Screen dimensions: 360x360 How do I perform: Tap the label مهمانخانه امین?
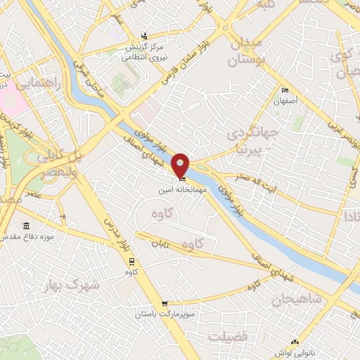[x=181, y=190]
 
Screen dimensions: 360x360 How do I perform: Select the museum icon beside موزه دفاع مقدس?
[x=27, y=226]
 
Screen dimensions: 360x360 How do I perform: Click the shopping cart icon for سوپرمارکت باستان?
[x=165, y=304]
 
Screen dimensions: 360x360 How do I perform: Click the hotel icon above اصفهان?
[x=285, y=91]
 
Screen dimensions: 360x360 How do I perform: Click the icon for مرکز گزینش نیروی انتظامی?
[x=144, y=37]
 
